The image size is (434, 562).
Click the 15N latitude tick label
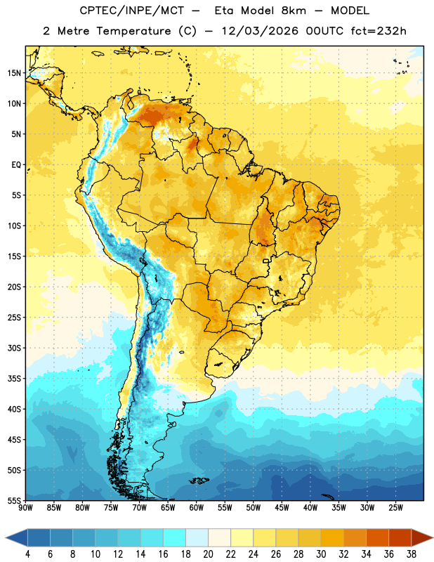[x=14, y=73]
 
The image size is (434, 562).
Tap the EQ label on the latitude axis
[x=16, y=165]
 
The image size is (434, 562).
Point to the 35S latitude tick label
[x=14, y=379]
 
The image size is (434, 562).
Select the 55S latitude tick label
[x=14, y=500]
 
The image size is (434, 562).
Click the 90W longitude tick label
[x=25, y=508]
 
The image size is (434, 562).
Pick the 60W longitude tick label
[x=197, y=508]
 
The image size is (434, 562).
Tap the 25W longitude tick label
[x=395, y=508]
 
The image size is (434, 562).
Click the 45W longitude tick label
[x=282, y=508]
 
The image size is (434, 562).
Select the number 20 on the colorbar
[x=208, y=554]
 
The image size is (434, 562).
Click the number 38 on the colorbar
[x=412, y=554]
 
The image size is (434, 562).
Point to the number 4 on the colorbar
[x=27, y=554]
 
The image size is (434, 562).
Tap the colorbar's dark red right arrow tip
[x=433, y=537]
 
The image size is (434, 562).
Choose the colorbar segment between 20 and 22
[x=220, y=537]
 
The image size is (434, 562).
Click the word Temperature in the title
[x=133, y=31]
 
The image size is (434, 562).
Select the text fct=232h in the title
[x=379, y=31]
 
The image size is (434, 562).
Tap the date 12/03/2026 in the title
[x=260, y=31]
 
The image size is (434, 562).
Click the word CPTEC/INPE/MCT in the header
[x=131, y=11]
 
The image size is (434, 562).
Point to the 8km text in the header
[x=294, y=11]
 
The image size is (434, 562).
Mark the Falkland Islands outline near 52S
[x=199, y=481]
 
